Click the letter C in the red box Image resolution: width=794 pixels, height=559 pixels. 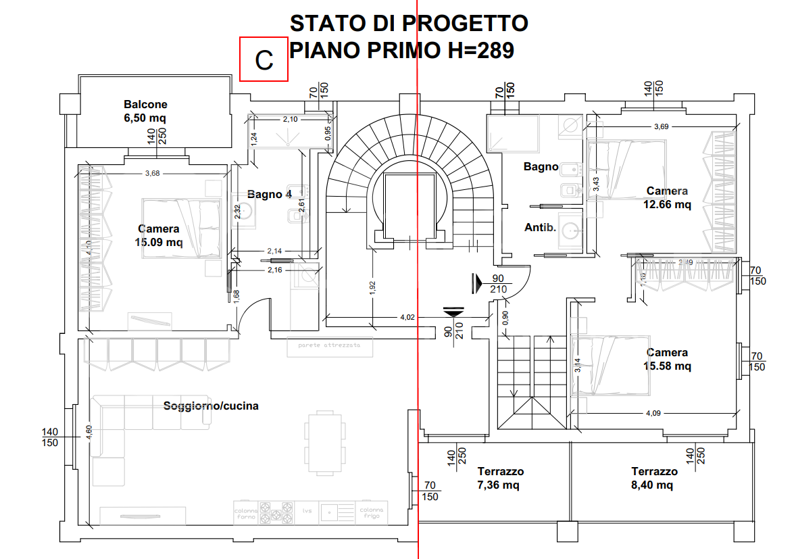point(264,59)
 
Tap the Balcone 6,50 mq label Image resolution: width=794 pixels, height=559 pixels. point(145,111)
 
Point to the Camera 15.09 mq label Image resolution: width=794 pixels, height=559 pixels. point(159,235)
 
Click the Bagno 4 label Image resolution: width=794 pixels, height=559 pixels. point(270,194)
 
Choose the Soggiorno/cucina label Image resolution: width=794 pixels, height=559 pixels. point(211,406)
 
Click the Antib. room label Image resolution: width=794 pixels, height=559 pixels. point(540,228)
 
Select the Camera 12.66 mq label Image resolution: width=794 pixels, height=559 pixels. point(667,197)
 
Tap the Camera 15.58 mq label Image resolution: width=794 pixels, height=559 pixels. point(667,359)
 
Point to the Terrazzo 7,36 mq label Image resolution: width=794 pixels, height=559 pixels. point(501,478)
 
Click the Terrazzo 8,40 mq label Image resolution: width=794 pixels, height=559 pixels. point(654,478)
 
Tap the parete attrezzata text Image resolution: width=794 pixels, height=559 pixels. point(329,345)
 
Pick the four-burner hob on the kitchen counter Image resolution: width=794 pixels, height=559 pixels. point(277,512)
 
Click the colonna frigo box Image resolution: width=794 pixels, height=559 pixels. point(372,512)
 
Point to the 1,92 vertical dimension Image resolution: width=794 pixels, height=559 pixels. point(372,287)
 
